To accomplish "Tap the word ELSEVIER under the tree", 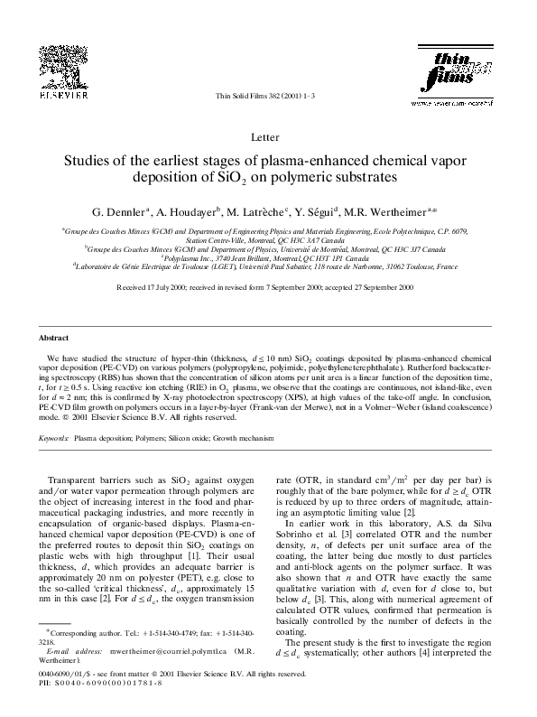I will point(61,93).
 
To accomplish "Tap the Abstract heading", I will point(52,337).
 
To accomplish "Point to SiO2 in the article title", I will point(317,178).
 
